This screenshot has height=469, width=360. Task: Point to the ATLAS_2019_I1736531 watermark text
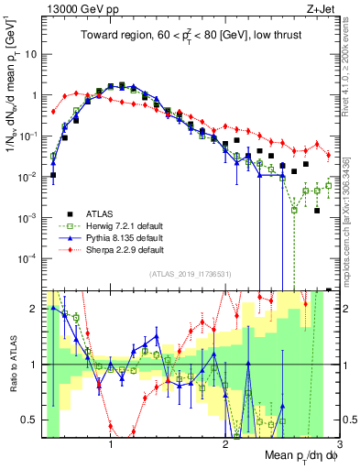[x=190, y=274]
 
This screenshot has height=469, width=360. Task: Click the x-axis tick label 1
[x=111, y=446]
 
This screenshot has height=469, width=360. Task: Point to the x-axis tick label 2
[x=225, y=446]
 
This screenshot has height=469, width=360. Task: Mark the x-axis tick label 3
[x=338, y=446]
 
